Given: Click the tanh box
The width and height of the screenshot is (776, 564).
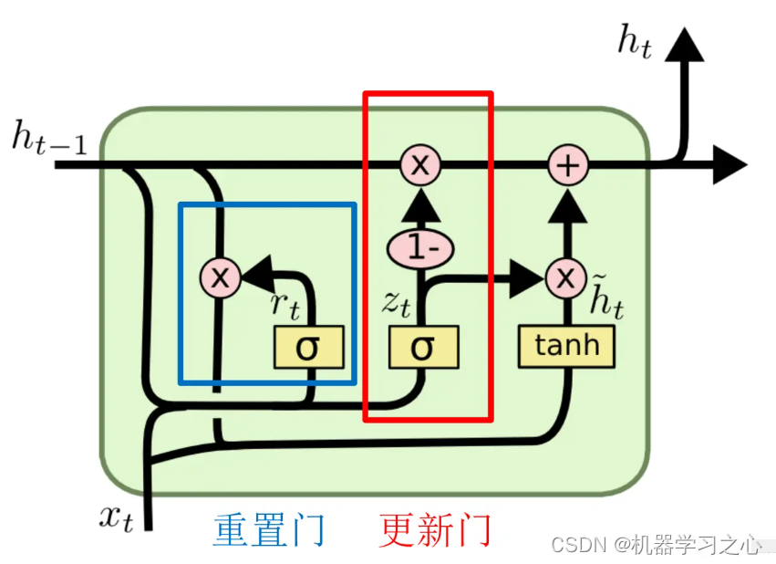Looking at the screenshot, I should pos(566,346).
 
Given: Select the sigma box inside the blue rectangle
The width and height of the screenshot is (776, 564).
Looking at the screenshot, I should pos(309,347).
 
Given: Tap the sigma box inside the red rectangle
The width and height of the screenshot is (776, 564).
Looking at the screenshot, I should pos(423,347).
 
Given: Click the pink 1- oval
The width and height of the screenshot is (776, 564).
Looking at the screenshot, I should pos(420,247).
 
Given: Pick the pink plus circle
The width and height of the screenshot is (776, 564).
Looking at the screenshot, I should pos(567,165).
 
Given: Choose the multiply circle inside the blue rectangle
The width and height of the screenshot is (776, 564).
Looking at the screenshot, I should pos(220,277).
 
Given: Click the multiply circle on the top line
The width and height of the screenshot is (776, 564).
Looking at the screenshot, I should pos(420,165).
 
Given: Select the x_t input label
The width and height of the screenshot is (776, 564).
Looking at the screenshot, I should pos(116,517).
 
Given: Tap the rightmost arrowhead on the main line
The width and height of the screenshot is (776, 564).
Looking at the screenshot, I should pos(729,165).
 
